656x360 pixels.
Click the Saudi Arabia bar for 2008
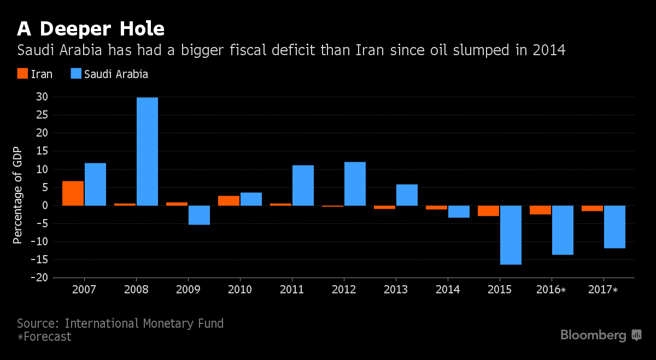pos(147,151)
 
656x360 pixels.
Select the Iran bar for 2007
pos(73,193)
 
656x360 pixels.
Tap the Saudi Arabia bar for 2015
pos(511,235)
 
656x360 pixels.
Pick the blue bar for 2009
pos(199,215)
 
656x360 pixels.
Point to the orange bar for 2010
pos(229,200)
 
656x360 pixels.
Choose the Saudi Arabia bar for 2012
pos(355,184)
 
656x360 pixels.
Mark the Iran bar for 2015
pos(488,211)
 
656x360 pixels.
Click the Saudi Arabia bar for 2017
pos(614,227)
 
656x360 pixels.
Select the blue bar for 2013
pos(407,195)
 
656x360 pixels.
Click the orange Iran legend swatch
pos(22,74)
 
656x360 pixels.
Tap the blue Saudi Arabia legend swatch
pos(76,74)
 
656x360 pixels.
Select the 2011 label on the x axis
pos(292,290)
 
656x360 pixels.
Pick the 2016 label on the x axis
pos(552,290)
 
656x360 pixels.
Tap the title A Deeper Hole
pos(91,27)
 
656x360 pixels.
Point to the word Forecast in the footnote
pos(47,337)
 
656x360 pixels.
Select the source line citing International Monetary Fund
pos(120,323)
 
